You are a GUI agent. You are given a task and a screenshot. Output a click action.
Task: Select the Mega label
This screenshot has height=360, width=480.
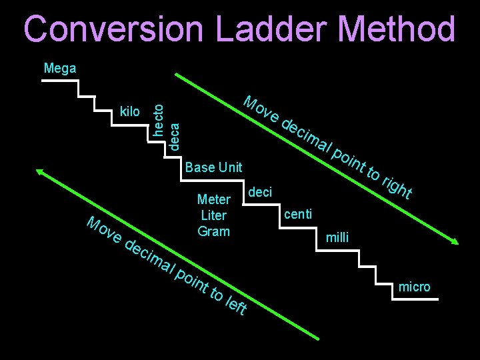[x=59, y=68]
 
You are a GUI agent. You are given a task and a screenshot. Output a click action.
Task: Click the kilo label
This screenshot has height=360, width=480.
[x=129, y=111]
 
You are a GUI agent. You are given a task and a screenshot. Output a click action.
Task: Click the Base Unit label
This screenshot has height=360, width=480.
[x=213, y=167]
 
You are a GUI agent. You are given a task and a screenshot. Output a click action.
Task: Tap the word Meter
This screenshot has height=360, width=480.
[x=213, y=199]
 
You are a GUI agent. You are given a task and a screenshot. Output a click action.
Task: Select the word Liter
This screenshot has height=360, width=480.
[x=213, y=215]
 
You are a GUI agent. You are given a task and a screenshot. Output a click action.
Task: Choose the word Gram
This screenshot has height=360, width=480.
[x=213, y=231]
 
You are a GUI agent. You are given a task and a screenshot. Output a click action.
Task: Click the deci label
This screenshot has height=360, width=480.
[x=260, y=192]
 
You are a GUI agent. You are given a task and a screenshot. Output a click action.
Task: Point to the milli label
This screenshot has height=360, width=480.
[x=337, y=237]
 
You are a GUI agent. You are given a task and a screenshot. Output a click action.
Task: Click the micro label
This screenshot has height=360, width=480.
[x=414, y=287]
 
